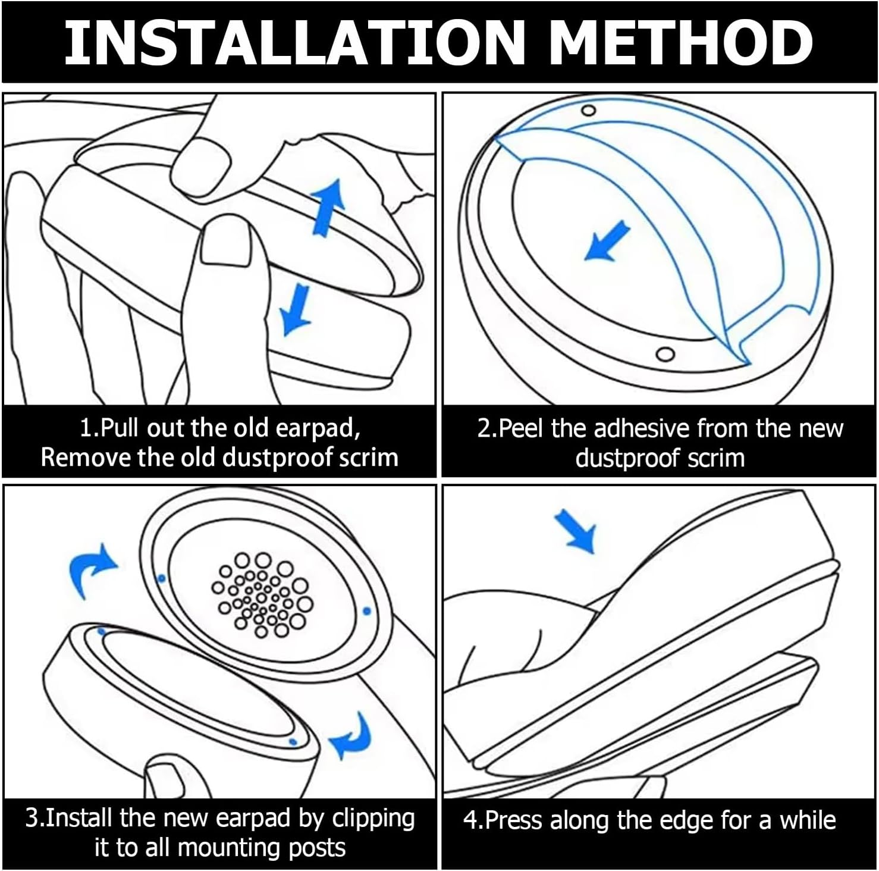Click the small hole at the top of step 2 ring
point(588,111)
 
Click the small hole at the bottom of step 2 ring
point(665,354)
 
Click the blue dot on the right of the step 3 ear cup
point(366,611)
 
